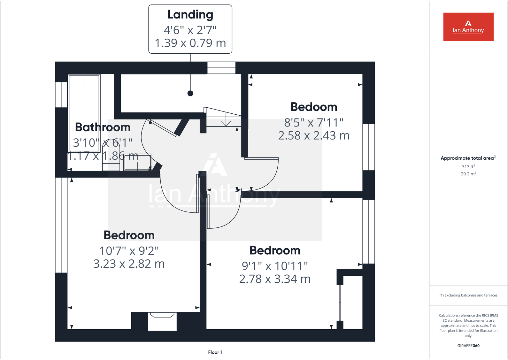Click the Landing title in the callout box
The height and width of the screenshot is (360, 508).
coord(190,15)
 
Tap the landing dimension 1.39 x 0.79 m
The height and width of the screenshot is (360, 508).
coord(190,43)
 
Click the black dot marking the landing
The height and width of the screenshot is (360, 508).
coord(190,94)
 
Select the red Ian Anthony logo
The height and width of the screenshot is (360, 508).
coord(468,27)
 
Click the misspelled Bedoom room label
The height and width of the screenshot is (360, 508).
coord(314,107)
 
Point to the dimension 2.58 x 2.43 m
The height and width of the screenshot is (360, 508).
coord(314,135)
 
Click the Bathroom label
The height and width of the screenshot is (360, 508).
coord(103,127)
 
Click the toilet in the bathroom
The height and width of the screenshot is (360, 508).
coord(111,157)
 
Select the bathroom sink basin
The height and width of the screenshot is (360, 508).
coord(138,162)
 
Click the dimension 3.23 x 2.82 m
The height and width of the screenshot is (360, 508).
coord(129,264)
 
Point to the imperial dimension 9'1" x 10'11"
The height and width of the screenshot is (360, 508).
coord(275,266)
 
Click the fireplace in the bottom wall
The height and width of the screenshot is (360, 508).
coord(162,321)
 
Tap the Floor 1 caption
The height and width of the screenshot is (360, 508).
coord(215,352)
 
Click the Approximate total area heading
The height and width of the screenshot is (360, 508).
coord(468,158)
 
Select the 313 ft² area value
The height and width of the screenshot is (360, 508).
coord(468,166)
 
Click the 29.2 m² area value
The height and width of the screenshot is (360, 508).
coord(468,174)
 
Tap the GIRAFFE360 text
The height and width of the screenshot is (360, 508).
coord(468,346)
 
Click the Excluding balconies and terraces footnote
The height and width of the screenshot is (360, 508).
coord(468,295)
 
